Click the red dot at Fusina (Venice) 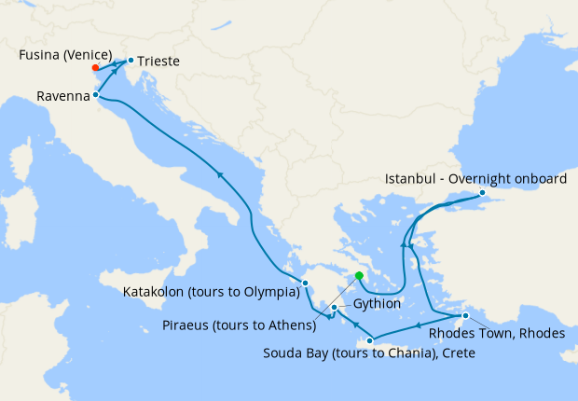[x=96, y=67]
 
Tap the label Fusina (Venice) [x=65, y=54]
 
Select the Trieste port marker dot [x=130, y=60]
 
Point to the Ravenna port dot [x=96, y=95]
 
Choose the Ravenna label [x=63, y=96]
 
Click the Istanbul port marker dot [x=482, y=193]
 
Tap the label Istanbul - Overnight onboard [x=475, y=179]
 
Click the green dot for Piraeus [x=359, y=275]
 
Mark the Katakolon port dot [x=305, y=283]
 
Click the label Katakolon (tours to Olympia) [x=211, y=292]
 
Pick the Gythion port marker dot [x=335, y=307]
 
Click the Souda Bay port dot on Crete [x=370, y=340]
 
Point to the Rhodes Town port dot [x=465, y=315]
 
